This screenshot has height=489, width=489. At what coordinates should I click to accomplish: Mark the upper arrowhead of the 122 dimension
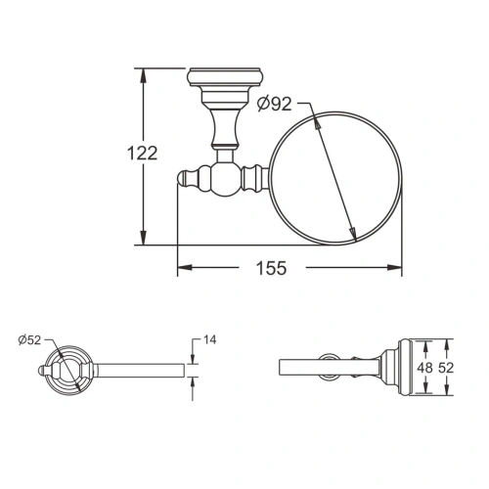[x=144, y=72]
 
